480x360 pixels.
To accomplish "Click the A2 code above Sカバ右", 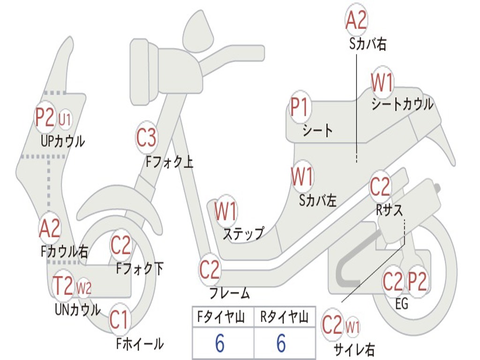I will tap(356, 20).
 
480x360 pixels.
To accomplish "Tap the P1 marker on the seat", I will tap(300, 108).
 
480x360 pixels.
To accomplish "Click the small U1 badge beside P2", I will tap(65, 120).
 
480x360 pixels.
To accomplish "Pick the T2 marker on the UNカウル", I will tap(63, 286).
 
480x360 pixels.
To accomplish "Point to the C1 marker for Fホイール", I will tap(119, 320).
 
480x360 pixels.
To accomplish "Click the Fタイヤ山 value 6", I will tap(219, 344).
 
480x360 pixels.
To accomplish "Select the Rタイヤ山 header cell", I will tap(284, 318).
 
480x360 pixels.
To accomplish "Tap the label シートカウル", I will tap(402, 104).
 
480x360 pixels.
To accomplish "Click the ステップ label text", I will tap(243, 233).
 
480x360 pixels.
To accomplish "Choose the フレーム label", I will tap(229, 294).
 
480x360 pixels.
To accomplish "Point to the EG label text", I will tap(402, 304).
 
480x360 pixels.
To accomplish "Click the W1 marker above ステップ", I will tap(225, 211).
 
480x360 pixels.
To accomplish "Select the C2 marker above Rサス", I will tap(380, 187).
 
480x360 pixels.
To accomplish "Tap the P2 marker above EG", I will tap(417, 282).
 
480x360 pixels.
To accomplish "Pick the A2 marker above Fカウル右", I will tap(50, 229).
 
